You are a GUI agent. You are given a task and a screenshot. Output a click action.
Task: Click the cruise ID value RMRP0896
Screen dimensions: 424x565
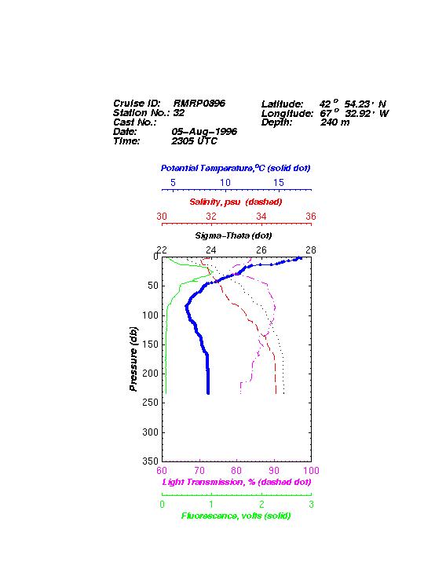point(199,104)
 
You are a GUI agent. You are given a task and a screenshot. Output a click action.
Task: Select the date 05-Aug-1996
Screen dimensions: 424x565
point(204,132)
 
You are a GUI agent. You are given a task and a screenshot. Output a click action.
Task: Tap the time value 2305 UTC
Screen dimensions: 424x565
point(195,141)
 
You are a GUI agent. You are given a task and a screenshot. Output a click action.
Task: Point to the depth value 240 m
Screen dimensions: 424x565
point(335,122)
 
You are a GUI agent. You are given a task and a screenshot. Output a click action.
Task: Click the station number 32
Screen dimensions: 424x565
point(179,113)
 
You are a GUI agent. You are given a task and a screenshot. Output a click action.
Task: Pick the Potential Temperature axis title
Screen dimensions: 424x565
point(236,168)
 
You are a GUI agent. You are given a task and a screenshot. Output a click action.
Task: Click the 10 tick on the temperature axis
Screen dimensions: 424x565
point(225,183)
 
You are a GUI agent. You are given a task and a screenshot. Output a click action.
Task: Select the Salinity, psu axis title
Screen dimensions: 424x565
point(236,202)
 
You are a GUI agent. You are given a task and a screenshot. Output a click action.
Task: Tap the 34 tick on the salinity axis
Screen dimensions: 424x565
point(261,217)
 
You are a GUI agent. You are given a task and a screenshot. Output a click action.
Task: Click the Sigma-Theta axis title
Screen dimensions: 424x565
point(233,235)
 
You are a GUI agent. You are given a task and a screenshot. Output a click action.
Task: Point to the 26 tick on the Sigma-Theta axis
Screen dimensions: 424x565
point(261,250)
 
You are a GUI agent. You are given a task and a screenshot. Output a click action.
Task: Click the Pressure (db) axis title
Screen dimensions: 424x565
point(133,359)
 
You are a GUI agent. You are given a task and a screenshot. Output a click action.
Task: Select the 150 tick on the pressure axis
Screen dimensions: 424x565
point(150,344)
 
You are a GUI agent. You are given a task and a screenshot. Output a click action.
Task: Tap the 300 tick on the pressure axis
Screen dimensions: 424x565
point(150,432)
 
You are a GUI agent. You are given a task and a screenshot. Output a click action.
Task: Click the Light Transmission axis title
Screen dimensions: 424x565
point(236,482)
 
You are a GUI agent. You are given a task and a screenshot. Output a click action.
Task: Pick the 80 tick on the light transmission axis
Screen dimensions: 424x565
point(236,471)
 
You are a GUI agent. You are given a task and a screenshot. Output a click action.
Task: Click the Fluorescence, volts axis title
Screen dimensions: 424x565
point(236,516)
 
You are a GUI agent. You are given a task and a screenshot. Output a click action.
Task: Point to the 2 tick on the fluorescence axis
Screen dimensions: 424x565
point(261,505)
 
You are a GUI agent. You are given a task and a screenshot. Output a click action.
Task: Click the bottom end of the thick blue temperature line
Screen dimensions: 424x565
point(208,394)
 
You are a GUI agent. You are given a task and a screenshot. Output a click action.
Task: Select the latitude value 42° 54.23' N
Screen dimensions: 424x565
point(353,104)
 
